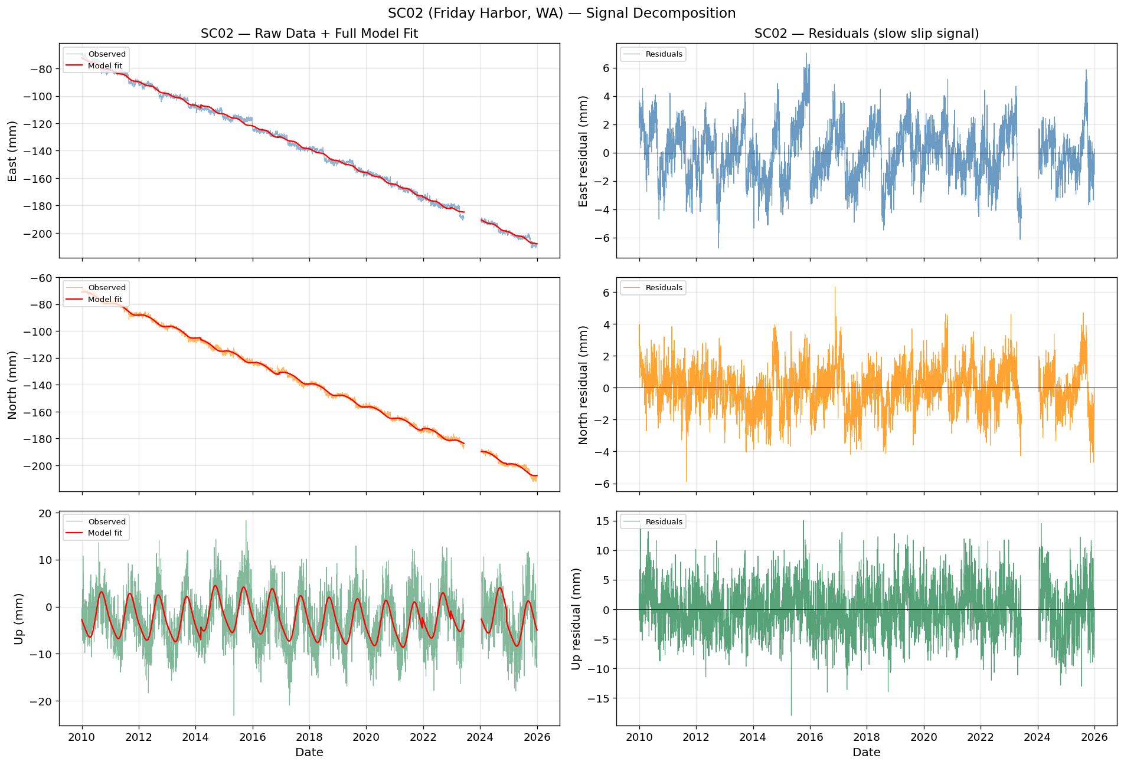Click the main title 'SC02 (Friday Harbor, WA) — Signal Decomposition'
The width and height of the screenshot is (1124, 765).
tap(561, 13)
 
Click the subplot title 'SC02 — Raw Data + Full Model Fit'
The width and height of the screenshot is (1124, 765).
tap(309, 34)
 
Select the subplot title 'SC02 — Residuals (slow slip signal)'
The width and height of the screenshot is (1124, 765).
tap(867, 34)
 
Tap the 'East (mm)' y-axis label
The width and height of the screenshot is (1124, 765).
tap(12, 151)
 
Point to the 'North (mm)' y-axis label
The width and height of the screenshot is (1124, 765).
tap(12, 385)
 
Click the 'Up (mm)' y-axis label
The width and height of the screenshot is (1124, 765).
tap(18, 618)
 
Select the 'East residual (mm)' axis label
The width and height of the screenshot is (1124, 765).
tap(583, 151)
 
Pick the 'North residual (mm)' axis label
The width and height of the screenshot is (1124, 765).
tap(583, 385)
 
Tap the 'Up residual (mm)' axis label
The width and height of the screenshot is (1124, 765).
tap(576, 618)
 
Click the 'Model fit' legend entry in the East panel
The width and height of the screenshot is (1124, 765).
tap(105, 65)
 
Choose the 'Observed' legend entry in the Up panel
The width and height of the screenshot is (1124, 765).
tap(107, 521)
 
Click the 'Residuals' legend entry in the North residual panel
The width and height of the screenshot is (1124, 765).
tap(664, 288)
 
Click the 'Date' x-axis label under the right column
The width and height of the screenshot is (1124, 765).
tap(867, 752)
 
